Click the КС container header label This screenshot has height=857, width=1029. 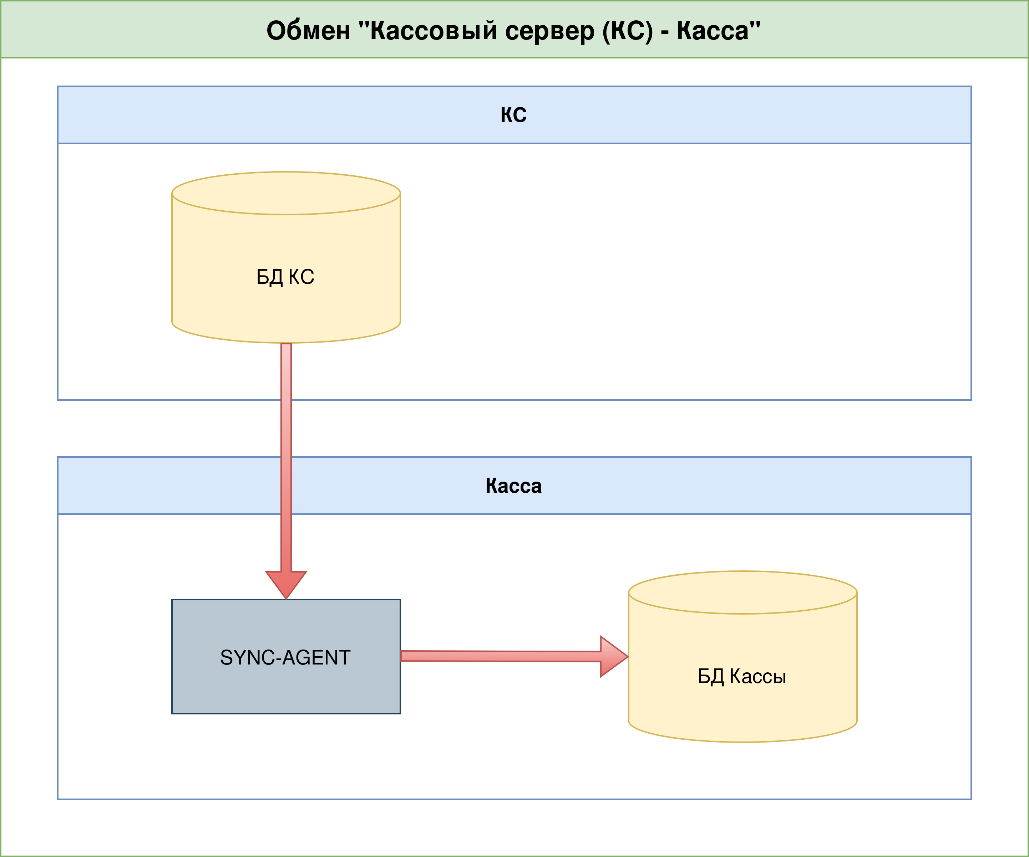[x=513, y=115]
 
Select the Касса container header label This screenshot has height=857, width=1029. [x=513, y=486]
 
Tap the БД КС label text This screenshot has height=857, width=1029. [x=285, y=277]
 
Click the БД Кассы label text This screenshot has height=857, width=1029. [x=742, y=676]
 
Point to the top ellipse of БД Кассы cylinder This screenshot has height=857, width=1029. [x=743, y=592]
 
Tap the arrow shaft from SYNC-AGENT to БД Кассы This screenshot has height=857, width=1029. [x=500, y=656]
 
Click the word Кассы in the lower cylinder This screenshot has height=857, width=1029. [x=757, y=676]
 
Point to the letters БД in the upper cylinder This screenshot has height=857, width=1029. [x=269, y=277]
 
